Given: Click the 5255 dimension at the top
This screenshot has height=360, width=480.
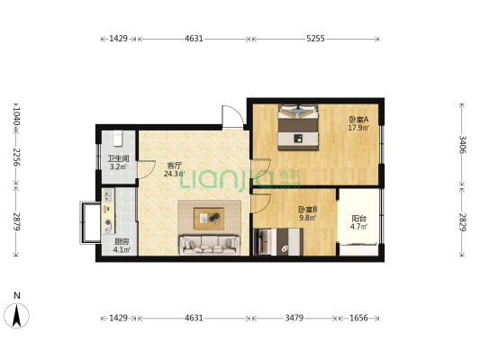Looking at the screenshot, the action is pos(315,39).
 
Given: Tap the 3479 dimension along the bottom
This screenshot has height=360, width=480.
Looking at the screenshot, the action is pos(294,318).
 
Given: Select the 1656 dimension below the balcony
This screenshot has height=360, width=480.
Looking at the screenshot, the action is pos(358,318).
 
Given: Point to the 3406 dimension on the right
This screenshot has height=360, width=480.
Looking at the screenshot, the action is pos(462,144).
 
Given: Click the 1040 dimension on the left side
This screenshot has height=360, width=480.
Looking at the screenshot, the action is pos(16,114).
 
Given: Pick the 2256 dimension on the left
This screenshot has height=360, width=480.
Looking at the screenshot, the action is pos(16,157).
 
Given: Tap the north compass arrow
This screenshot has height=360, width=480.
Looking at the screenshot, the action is pos(17,316).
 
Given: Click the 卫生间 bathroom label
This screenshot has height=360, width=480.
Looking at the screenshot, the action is pos(118,158).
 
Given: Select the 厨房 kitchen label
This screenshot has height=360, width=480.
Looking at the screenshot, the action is pos(122,241).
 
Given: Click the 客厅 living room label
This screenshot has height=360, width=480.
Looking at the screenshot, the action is pos(174,166).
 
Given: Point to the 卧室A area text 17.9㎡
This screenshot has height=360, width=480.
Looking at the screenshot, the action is pos(358,128).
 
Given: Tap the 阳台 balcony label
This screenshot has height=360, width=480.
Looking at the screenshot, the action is pos(358,219).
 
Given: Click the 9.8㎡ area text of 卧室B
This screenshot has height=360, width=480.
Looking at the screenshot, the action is pos(307,218).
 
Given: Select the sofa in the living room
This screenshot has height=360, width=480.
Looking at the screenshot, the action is pos(210,245).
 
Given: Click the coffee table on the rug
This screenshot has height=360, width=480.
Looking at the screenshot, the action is pos(209,219).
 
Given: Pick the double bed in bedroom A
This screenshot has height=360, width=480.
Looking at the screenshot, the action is pos(298,127).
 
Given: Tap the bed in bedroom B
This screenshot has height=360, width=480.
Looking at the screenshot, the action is pos(278,241).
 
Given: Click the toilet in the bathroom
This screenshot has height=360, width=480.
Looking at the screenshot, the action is pos(118,139).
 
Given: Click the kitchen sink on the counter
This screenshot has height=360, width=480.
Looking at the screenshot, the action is pos(108,195).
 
